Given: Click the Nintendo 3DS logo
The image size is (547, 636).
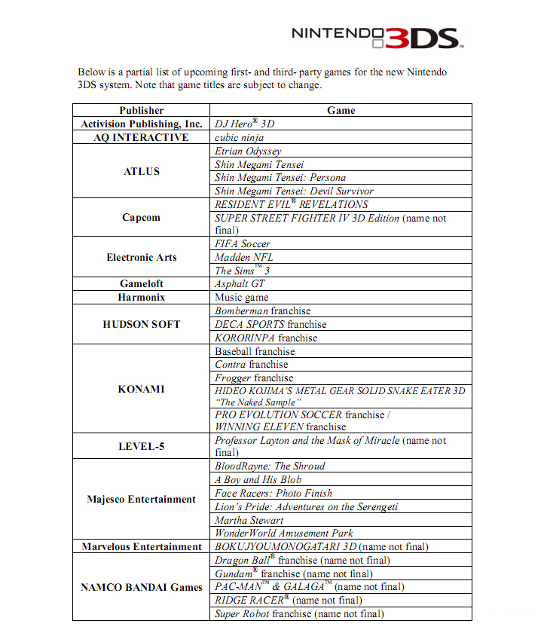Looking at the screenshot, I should coord(374,35).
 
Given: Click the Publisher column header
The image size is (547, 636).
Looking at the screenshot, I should coord(142,110).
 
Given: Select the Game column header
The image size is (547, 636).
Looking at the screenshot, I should coord(341,110).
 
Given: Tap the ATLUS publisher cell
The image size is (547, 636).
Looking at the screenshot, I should coord(142,171).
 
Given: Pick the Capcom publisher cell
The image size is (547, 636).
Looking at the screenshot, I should coord(142,218).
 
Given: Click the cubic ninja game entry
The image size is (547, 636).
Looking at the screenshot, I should coord(239,137).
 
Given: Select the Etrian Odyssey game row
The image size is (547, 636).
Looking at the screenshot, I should coord(248,151).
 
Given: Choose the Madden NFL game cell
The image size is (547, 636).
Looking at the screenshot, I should coord(244,257).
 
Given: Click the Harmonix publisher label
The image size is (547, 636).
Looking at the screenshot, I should coord(142,298).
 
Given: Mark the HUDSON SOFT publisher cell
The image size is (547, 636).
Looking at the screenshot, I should coord(142,324).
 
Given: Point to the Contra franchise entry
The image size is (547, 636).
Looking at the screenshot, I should coord(252,364).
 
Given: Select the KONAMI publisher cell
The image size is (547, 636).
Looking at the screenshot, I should coord(142,390).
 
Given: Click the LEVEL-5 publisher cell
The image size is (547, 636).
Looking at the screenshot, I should coord(142,446).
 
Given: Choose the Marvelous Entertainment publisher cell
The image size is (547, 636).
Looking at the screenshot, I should coord(142,546).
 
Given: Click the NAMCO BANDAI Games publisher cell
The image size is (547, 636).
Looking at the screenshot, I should coord(142,587).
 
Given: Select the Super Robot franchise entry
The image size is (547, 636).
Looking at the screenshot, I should coord(299,613).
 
